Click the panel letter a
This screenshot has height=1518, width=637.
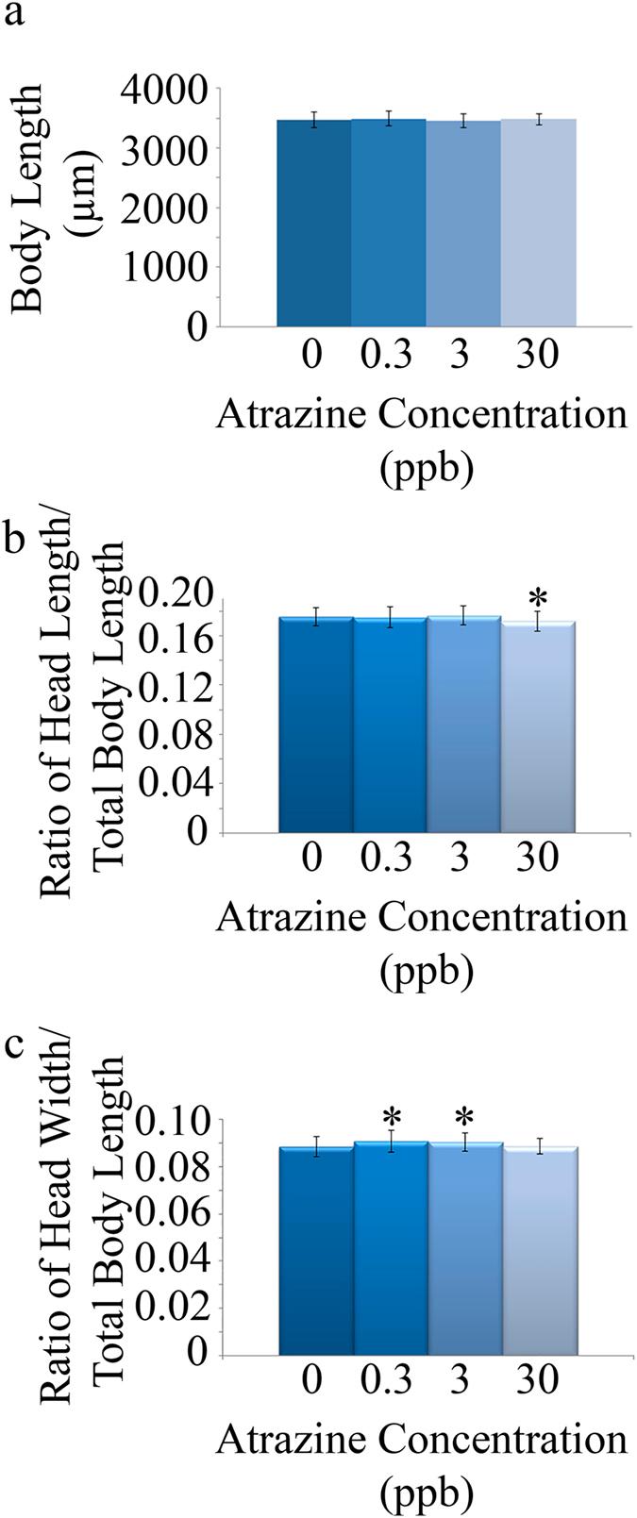point(17,18)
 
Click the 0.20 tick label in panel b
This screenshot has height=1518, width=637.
point(176,594)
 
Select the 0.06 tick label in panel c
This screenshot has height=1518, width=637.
point(176,1215)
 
